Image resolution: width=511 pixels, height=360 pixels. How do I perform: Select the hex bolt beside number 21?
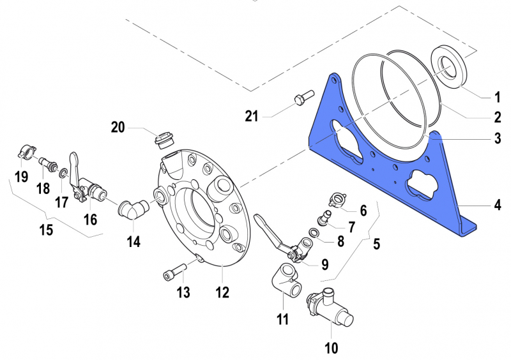coord(301,98)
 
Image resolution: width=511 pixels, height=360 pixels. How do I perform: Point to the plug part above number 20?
coord(166,139)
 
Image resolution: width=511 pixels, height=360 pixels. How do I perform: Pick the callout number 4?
coord(496,206)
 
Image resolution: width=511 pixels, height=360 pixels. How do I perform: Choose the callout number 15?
coord(46,229)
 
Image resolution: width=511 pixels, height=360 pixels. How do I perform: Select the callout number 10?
coord(331,349)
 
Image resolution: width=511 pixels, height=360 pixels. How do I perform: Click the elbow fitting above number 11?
coord(286,280)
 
